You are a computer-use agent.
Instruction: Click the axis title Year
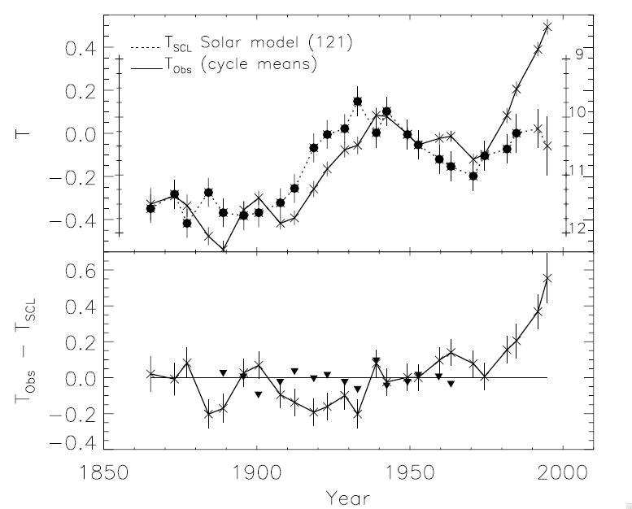click(347, 495)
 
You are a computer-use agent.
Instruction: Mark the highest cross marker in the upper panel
click(547, 27)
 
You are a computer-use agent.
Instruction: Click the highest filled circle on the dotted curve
click(357, 102)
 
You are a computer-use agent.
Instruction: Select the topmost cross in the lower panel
click(547, 278)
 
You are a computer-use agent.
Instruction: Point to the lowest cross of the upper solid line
click(224, 250)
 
